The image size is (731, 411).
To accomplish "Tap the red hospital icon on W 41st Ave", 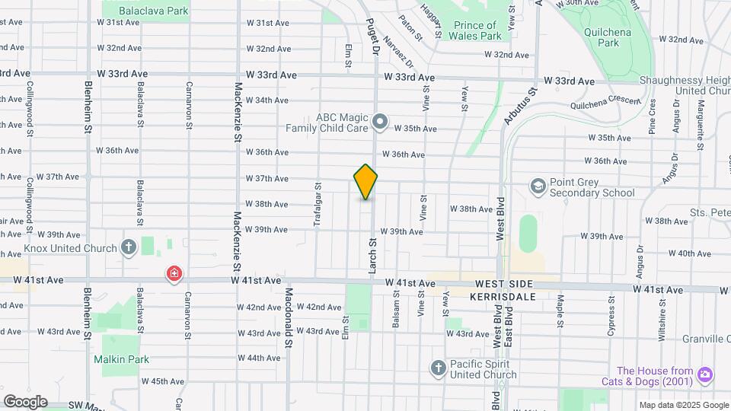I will pyautogui.click(x=174, y=273).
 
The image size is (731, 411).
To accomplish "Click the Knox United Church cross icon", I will pyautogui.click(x=129, y=247).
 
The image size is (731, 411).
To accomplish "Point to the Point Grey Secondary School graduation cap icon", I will pyautogui.click(x=538, y=186).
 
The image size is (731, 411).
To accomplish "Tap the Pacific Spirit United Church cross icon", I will pyautogui.click(x=438, y=368).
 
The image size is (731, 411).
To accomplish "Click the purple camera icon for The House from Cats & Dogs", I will pyautogui.click(x=705, y=374).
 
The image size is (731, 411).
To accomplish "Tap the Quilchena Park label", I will pyautogui.click(x=602, y=38).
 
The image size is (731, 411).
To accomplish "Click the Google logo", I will pyautogui.click(x=25, y=402).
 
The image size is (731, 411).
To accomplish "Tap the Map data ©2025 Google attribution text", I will pyautogui.click(x=682, y=405).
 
